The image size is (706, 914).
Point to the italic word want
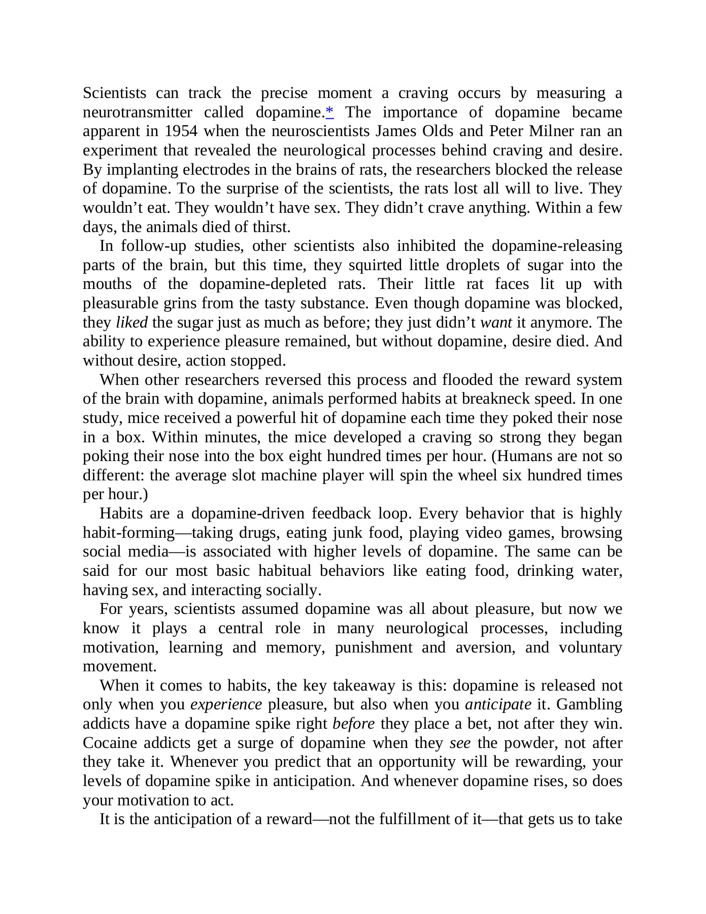(496, 322)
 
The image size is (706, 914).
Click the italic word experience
(226, 705)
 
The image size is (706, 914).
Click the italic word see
(460, 743)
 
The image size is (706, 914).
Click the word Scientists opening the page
(114, 93)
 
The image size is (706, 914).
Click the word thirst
(273, 227)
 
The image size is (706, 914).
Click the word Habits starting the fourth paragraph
(121, 513)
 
